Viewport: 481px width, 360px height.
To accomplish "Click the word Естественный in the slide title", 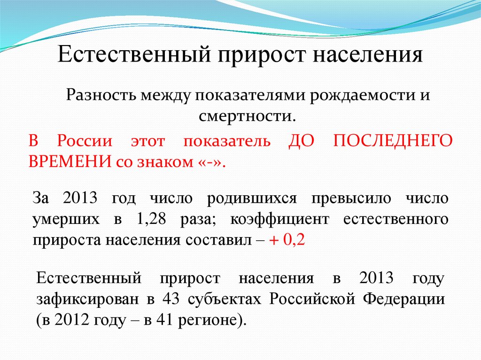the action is coord(134,54).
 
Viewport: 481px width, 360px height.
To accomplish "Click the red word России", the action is coord(85,142).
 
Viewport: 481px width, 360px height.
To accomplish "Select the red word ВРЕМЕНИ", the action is coord(70,161).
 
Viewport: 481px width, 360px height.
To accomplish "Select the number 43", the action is coord(171,299).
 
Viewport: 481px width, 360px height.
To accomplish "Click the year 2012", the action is coord(71,320).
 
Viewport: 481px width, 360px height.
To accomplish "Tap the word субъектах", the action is coord(225,299).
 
